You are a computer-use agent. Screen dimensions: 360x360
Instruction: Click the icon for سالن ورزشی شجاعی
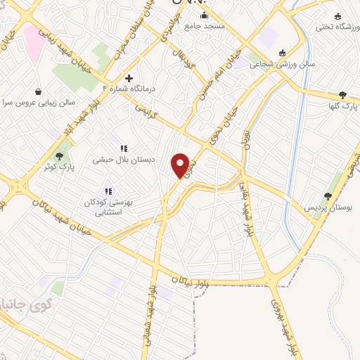[283, 53]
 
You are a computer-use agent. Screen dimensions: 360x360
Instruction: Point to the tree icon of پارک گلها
[342, 95]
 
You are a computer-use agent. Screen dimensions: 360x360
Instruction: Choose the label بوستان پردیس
[327, 208]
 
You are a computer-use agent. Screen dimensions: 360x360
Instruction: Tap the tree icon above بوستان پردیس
[328, 196]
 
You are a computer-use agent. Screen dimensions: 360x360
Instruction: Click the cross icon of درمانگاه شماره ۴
[128, 78]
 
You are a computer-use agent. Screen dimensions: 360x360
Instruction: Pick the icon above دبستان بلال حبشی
[123, 148]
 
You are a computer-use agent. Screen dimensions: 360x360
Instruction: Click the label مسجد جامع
[204, 25]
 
